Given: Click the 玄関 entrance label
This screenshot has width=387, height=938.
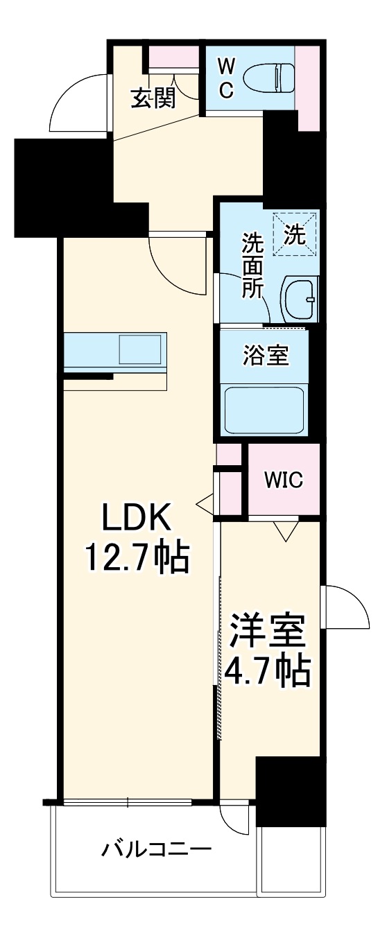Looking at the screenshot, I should click(153, 98).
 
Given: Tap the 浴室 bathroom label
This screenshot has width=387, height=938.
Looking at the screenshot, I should click(266, 358).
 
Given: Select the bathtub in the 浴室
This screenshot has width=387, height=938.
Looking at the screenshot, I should click(264, 410).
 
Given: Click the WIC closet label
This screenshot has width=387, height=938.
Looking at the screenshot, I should click(282, 480).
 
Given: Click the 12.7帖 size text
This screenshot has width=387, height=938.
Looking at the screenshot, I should click(137, 556).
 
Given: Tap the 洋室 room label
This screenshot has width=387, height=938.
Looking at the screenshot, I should click(267, 631).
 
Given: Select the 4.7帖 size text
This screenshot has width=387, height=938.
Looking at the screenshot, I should click(267, 669).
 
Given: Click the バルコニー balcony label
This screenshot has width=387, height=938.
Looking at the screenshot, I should click(157, 849).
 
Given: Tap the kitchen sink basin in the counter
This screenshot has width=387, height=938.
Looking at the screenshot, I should click(141, 349).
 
